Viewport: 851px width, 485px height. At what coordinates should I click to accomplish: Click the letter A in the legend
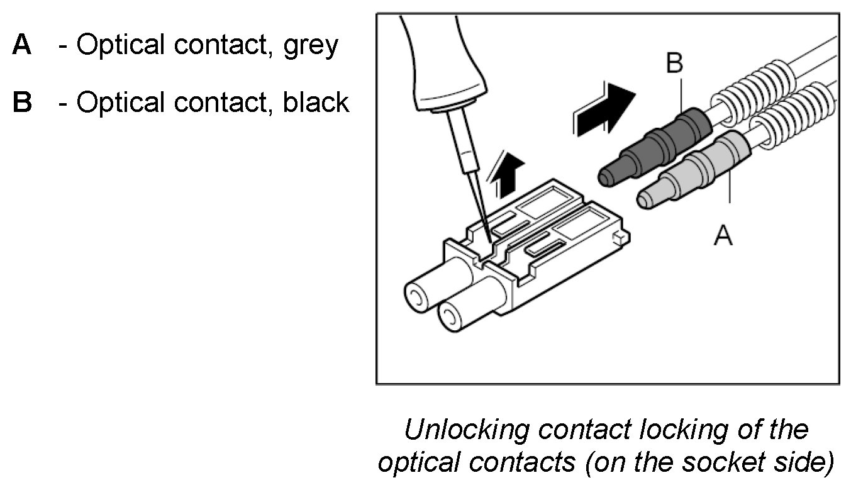[22, 45]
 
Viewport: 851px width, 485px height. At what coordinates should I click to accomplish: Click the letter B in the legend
[23, 102]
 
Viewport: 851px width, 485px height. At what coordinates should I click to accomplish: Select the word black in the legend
[316, 102]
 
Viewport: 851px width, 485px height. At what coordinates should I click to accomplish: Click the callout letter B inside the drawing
[674, 64]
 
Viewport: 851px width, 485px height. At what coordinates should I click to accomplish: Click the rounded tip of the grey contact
[647, 199]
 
